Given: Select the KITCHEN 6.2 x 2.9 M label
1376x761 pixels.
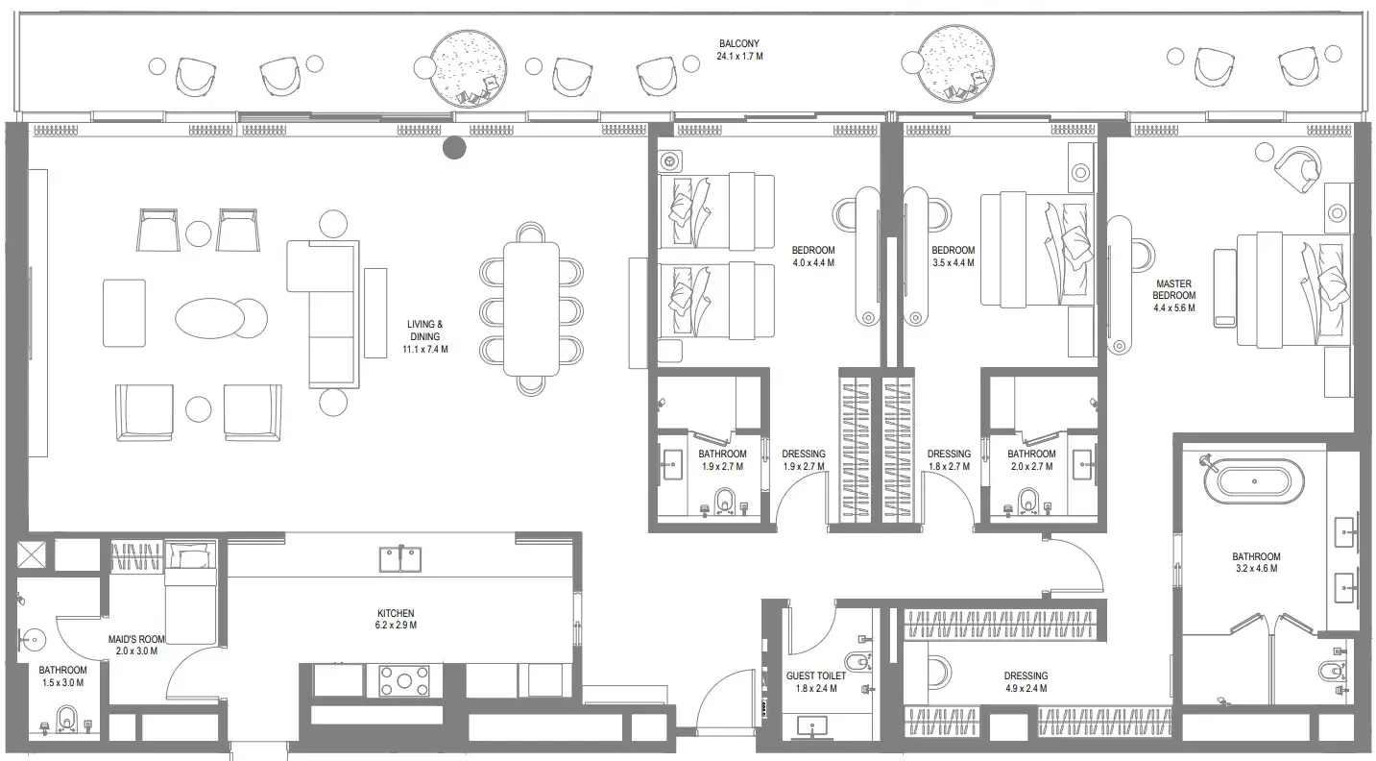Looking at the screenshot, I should pyautogui.click(x=396, y=619).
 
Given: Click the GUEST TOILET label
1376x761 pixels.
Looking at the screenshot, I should pyautogui.click(x=815, y=682).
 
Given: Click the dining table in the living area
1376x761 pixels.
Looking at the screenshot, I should pyautogui.click(x=531, y=308).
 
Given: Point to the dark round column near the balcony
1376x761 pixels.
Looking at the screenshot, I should pyautogui.click(x=454, y=148).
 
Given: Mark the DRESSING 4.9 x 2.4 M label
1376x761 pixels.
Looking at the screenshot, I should pyautogui.click(x=1026, y=682).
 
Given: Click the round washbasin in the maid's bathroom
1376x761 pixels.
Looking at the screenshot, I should pyautogui.click(x=35, y=637).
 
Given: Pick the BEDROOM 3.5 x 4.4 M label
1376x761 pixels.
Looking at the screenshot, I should pyautogui.click(x=953, y=257).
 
